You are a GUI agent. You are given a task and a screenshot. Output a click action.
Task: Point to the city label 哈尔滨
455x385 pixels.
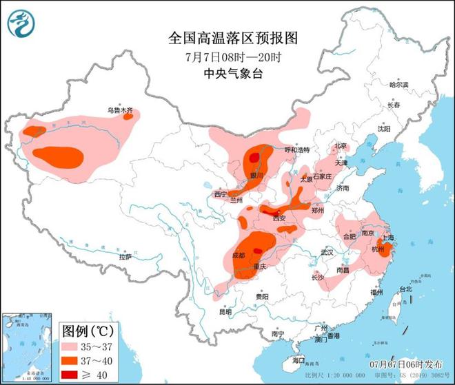398,85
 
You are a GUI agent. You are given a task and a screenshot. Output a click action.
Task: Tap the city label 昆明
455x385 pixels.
225,311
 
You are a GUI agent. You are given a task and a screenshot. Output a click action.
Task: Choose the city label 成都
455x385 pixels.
239,256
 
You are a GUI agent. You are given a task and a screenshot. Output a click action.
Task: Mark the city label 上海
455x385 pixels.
389,238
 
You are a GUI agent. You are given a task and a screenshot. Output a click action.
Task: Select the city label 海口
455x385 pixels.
298,360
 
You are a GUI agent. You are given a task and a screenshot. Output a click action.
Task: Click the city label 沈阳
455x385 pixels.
383,129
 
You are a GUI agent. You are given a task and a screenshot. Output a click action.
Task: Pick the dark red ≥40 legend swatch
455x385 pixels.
74,373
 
